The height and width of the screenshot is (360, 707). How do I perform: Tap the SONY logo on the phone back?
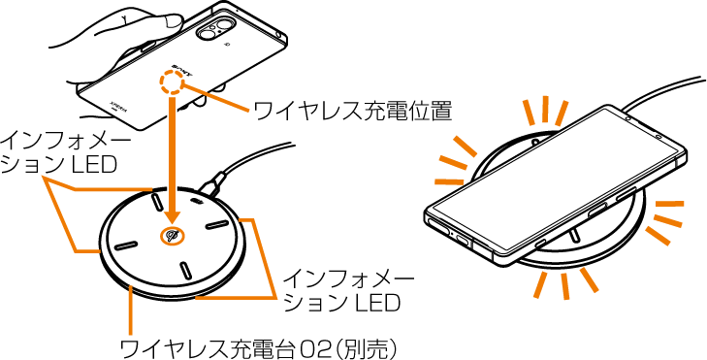point(182,71)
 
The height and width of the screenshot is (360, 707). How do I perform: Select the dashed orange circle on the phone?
point(172,83)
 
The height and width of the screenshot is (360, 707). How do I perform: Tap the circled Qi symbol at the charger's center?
point(172,237)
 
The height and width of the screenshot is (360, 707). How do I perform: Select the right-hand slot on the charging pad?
point(217,224)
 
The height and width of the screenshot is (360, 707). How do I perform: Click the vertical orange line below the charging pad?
point(130,316)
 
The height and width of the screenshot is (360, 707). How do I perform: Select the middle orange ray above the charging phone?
point(545,109)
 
